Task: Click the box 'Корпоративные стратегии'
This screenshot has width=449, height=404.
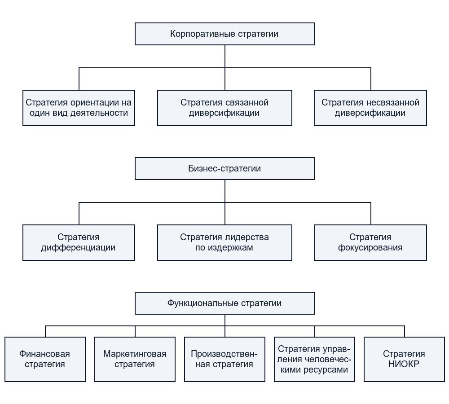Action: pyautogui.click(x=224, y=34)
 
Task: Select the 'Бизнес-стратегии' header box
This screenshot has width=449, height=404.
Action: pyautogui.click(x=224, y=168)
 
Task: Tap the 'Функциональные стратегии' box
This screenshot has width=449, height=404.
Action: pyautogui.click(x=224, y=303)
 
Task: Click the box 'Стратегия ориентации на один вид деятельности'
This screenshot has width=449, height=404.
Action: pyautogui.click(x=79, y=108)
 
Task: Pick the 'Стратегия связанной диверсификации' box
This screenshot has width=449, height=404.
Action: pyautogui.click(x=224, y=108)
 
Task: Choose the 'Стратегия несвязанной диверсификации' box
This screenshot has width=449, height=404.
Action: pyautogui.click(x=370, y=108)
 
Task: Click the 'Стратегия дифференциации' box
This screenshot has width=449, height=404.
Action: pyautogui.click(x=79, y=242)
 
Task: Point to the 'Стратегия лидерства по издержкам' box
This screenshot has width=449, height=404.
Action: pyautogui.click(x=224, y=242)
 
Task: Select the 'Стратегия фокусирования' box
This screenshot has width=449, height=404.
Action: pyautogui.click(x=370, y=242)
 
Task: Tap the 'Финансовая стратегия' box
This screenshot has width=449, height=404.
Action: pyautogui.click(x=45, y=359)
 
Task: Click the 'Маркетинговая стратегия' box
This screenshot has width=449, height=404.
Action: pyautogui.click(x=135, y=359)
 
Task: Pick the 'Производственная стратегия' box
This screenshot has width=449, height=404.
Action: pyautogui.click(x=224, y=359)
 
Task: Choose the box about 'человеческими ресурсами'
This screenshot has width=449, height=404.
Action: pyautogui.click(x=314, y=359)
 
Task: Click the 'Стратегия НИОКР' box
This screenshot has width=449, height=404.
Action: pyautogui.click(x=405, y=359)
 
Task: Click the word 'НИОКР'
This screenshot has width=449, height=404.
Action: pyautogui.click(x=404, y=364)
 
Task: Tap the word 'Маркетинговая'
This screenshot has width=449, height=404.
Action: pyautogui.click(x=135, y=354)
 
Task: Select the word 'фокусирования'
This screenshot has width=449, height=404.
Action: pyautogui.click(x=370, y=248)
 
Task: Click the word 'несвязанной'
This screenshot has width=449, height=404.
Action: pyautogui.click(x=392, y=102)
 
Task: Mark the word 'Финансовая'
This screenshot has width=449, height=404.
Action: pyautogui.click(x=44, y=354)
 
